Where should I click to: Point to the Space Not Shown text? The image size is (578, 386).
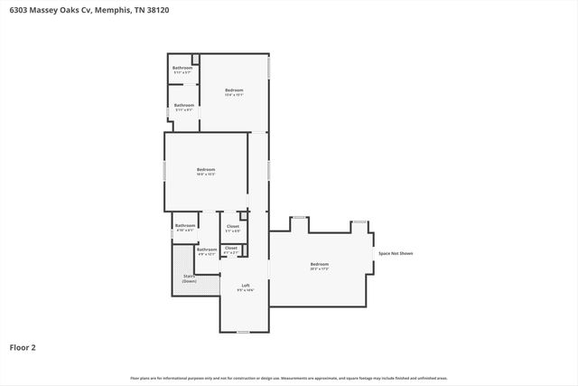click(x=396, y=253)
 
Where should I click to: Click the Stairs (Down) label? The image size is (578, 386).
click(x=189, y=278)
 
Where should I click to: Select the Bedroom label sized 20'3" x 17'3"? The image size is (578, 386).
click(x=319, y=266)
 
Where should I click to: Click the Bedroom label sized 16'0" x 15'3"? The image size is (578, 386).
click(x=206, y=170)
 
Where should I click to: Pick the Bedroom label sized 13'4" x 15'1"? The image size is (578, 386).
click(x=234, y=90)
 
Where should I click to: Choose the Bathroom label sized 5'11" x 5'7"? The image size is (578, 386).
click(x=183, y=69)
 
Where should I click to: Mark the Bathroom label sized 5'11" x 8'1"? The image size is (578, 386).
click(x=184, y=106)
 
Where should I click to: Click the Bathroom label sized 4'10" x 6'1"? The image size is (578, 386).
click(x=185, y=227)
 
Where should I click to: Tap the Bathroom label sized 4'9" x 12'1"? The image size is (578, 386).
click(x=207, y=250)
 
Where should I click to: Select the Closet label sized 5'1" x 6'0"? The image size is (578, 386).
click(x=232, y=228)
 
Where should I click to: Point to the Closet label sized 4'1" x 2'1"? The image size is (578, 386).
click(x=230, y=249)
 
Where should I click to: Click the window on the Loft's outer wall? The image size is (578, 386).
click(x=243, y=332)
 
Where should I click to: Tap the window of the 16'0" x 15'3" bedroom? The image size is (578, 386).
click(x=163, y=171)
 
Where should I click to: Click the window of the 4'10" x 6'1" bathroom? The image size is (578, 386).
click(x=172, y=233)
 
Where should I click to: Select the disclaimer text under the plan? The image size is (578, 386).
click(x=289, y=378)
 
